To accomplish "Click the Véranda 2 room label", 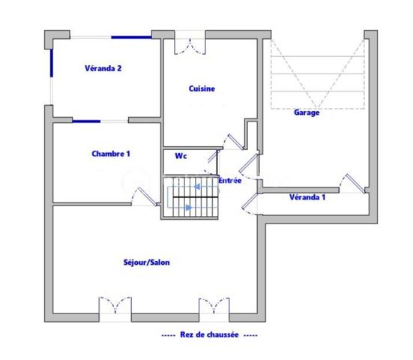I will pyautogui.click(x=103, y=68).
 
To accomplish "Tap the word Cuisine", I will pyautogui.click(x=202, y=88).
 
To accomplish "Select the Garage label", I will pyautogui.click(x=307, y=112).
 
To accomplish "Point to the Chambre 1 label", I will pyautogui.click(x=111, y=154).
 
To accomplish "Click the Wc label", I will pyautogui.click(x=180, y=157).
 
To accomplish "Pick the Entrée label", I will pyautogui.click(x=229, y=181).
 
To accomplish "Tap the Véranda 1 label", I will pyautogui.click(x=307, y=197).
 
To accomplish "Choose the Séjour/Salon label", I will pyautogui.click(x=147, y=262).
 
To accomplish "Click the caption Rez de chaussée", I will pyautogui.click(x=209, y=335).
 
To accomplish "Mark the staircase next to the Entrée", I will pyautogui.click(x=191, y=196).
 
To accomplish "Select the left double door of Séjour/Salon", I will pyautogui.click(x=115, y=307).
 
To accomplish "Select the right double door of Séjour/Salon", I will pyautogui.click(x=214, y=307).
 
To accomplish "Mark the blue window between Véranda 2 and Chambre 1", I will pyautogui.click(x=87, y=120).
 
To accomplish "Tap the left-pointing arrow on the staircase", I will pyautogui.click(x=179, y=190).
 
